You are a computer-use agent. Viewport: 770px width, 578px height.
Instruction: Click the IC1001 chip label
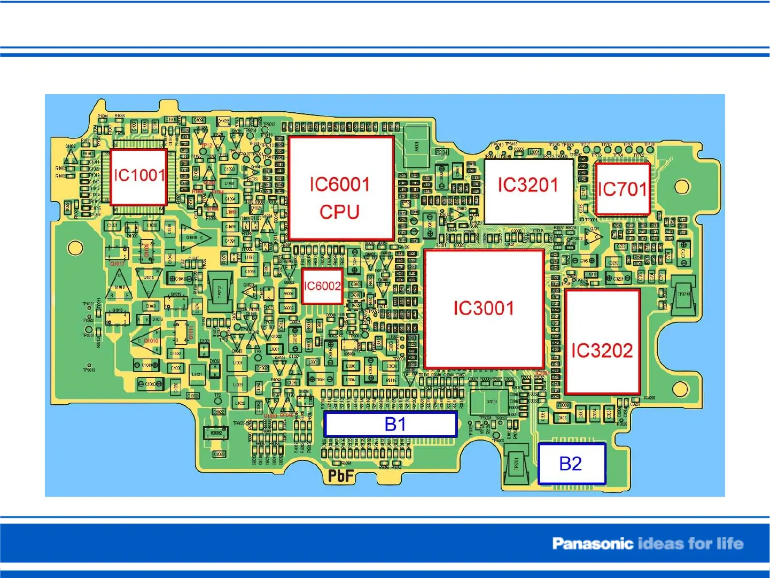tap(139, 175)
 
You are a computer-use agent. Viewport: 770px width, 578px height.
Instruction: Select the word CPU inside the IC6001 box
tap(339, 212)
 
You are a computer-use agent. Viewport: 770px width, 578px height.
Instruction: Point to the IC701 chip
tap(622, 189)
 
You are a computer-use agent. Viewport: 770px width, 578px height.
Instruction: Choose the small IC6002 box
tap(322, 286)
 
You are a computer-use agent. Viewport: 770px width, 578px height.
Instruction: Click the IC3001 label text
tap(484, 309)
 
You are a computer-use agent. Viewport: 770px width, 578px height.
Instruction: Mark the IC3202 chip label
tap(602, 351)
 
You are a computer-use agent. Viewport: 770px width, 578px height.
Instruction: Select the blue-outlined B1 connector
tap(391, 425)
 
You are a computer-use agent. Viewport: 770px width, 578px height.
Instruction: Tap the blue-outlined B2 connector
tap(571, 464)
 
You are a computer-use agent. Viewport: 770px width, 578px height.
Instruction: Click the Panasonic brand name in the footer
tap(593, 544)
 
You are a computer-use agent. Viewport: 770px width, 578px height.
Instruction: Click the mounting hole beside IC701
tap(682, 187)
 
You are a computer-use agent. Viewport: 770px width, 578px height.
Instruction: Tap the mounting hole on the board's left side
tap(75, 248)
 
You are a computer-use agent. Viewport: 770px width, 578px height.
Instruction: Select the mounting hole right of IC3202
tap(681, 389)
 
